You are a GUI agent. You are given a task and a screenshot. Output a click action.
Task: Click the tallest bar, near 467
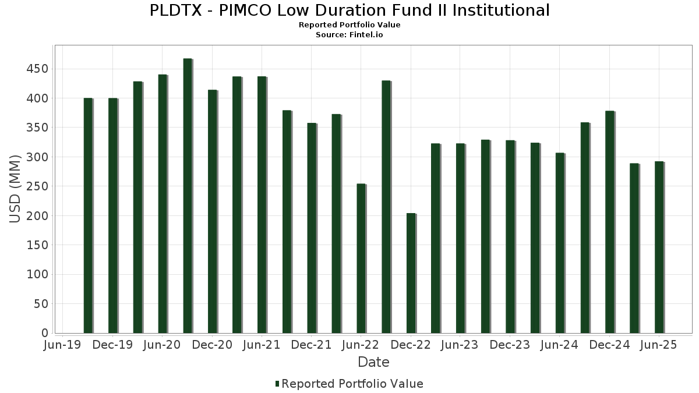click(x=187, y=196)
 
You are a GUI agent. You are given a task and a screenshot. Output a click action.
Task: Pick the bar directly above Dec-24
click(x=609, y=222)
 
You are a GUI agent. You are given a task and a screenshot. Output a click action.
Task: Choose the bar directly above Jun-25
click(x=659, y=247)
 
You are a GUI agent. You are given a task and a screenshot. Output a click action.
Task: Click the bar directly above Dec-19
click(x=112, y=215)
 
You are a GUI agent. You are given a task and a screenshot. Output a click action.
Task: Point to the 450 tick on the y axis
click(x=40, y=69)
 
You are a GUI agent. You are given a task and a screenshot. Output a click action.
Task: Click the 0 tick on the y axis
click(x=45, y=333)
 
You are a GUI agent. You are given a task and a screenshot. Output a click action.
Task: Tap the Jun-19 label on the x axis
click(x=63, y=345)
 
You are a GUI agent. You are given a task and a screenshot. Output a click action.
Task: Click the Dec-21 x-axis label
click(x=311, y=345)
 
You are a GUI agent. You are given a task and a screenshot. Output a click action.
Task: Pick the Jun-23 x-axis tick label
click(x=460, y=345)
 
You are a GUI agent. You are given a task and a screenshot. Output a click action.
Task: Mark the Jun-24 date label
click(x=559, y=345)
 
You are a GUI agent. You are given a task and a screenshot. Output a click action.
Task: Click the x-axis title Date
click(x=373, y=362)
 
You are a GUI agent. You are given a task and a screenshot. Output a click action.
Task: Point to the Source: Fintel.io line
click(x=349, y=34)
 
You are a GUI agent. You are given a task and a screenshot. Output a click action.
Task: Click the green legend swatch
click(x=277, y=384)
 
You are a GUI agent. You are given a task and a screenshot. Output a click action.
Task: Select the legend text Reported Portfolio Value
click(x=352, y=384)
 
